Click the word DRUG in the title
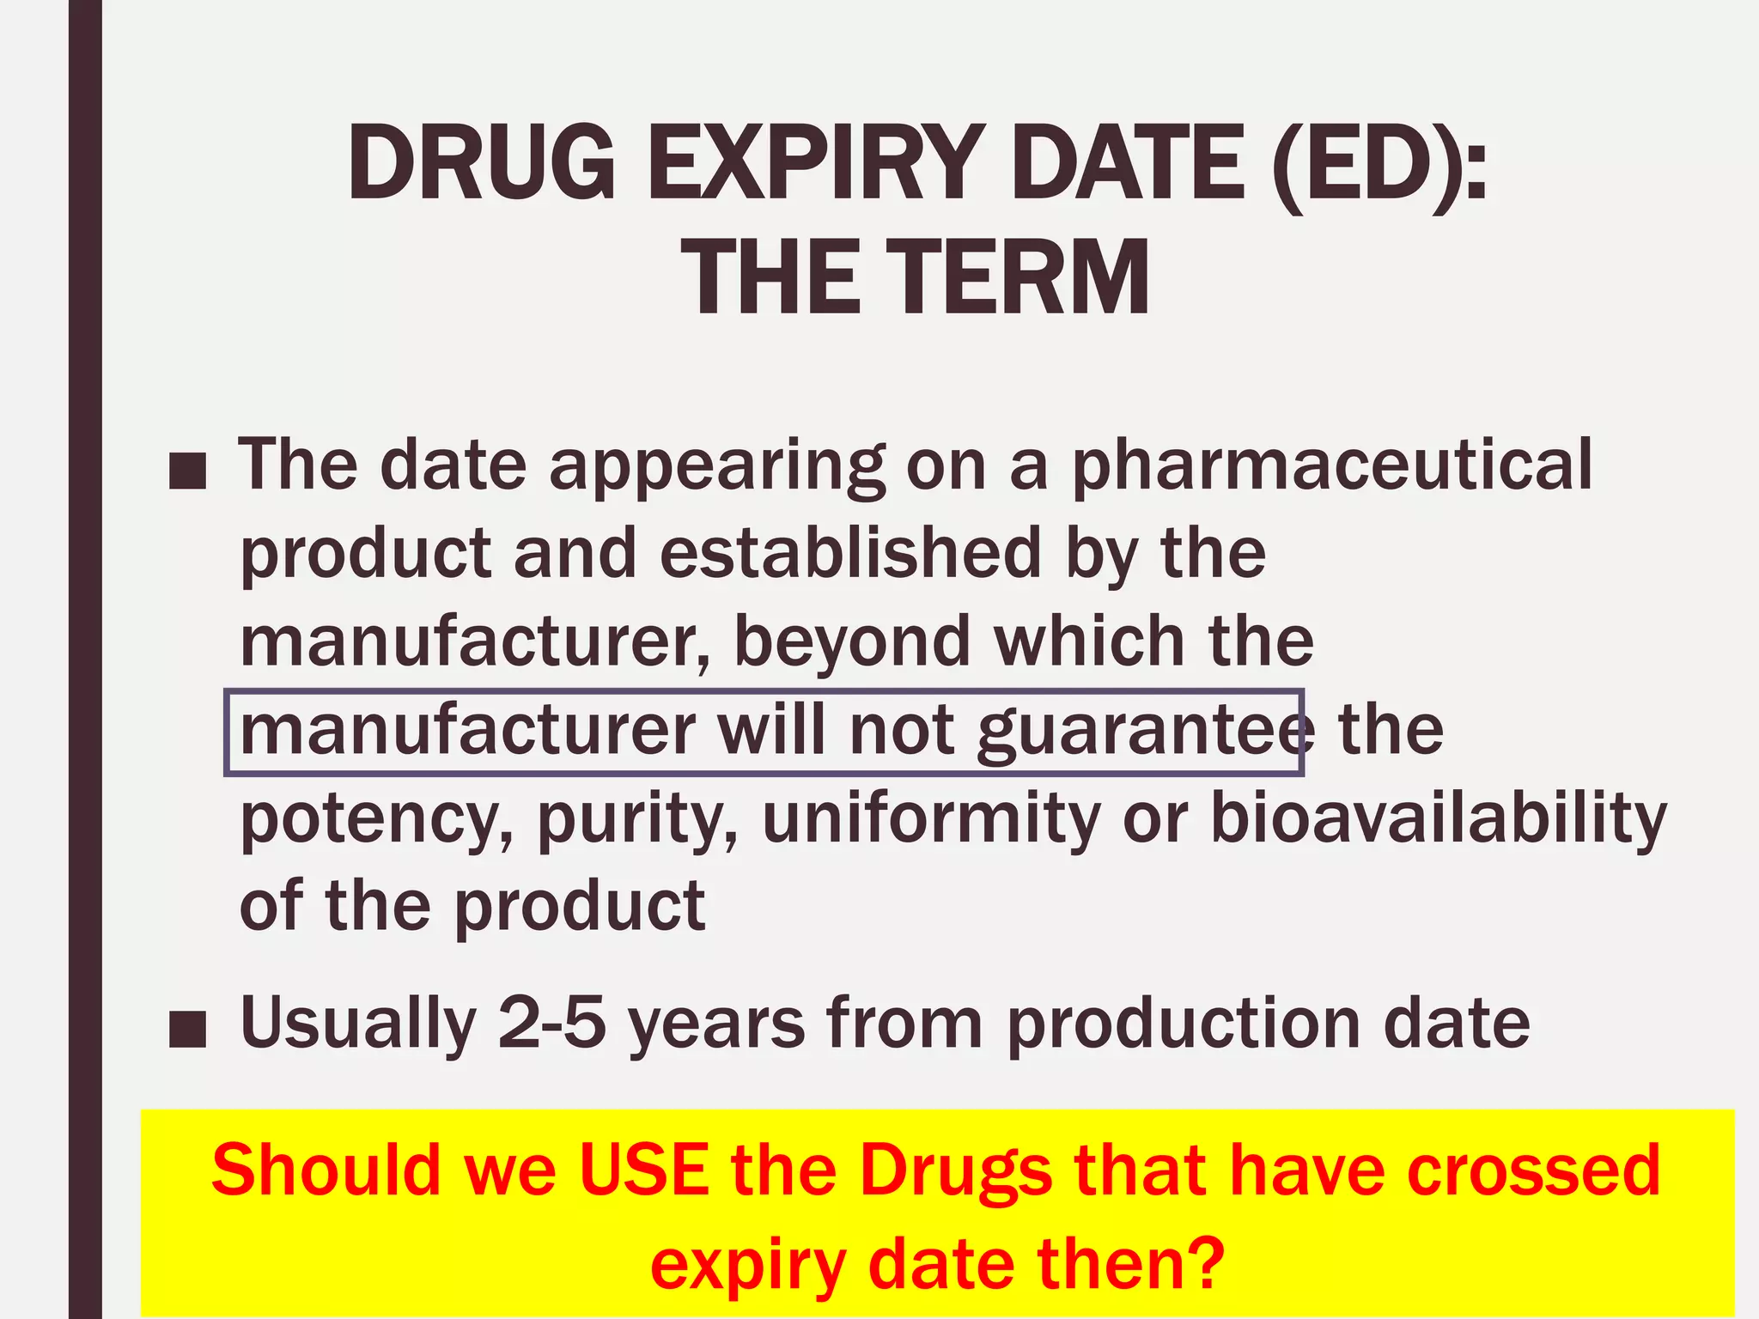(481, 163)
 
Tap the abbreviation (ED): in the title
(1379, 163)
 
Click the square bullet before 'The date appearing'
(188, 471)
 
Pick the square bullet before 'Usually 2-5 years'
(188, 1030)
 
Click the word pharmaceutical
(1332, 466)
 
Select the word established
(850, 554)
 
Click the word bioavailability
(1438, 820)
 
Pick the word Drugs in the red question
(955, 1172)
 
